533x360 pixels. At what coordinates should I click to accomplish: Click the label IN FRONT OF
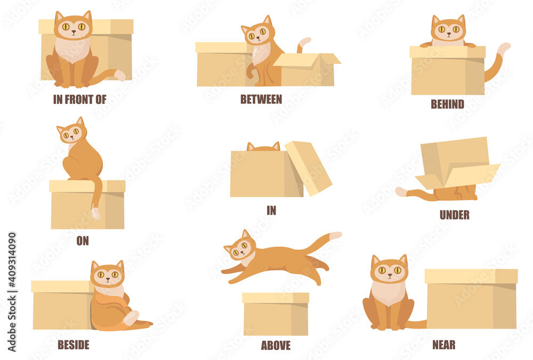79,100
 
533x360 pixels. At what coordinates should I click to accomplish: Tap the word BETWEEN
261,99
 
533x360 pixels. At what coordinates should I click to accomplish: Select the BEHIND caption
447,104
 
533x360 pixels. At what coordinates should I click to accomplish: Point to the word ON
83,241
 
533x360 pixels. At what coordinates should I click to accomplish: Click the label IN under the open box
271,210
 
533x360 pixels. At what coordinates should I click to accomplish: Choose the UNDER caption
455,215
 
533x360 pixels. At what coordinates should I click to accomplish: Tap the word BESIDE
74,345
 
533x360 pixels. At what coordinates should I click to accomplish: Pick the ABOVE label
276,346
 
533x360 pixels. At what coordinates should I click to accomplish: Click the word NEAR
443,345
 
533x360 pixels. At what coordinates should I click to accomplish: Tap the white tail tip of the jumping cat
335,235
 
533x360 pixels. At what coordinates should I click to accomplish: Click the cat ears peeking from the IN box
263,146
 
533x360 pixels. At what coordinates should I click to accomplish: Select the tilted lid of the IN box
308,168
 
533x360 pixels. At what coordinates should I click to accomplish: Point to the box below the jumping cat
276,314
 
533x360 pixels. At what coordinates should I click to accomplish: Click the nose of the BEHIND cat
449,34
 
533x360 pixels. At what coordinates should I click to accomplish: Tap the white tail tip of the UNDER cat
401,192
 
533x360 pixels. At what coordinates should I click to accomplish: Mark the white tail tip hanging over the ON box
96,213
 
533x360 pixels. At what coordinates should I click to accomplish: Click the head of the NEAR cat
389,268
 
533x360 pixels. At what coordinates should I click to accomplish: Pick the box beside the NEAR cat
471,299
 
